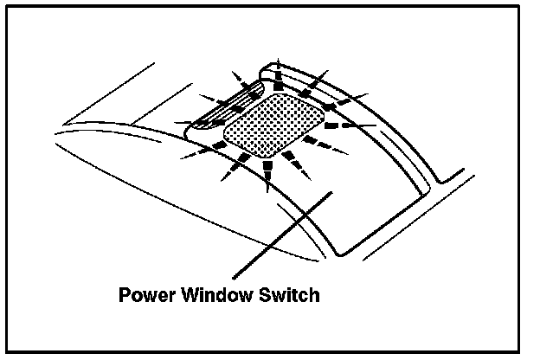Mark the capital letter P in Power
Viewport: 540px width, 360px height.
point(122,295)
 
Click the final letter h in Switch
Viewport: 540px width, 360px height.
point(314,295)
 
